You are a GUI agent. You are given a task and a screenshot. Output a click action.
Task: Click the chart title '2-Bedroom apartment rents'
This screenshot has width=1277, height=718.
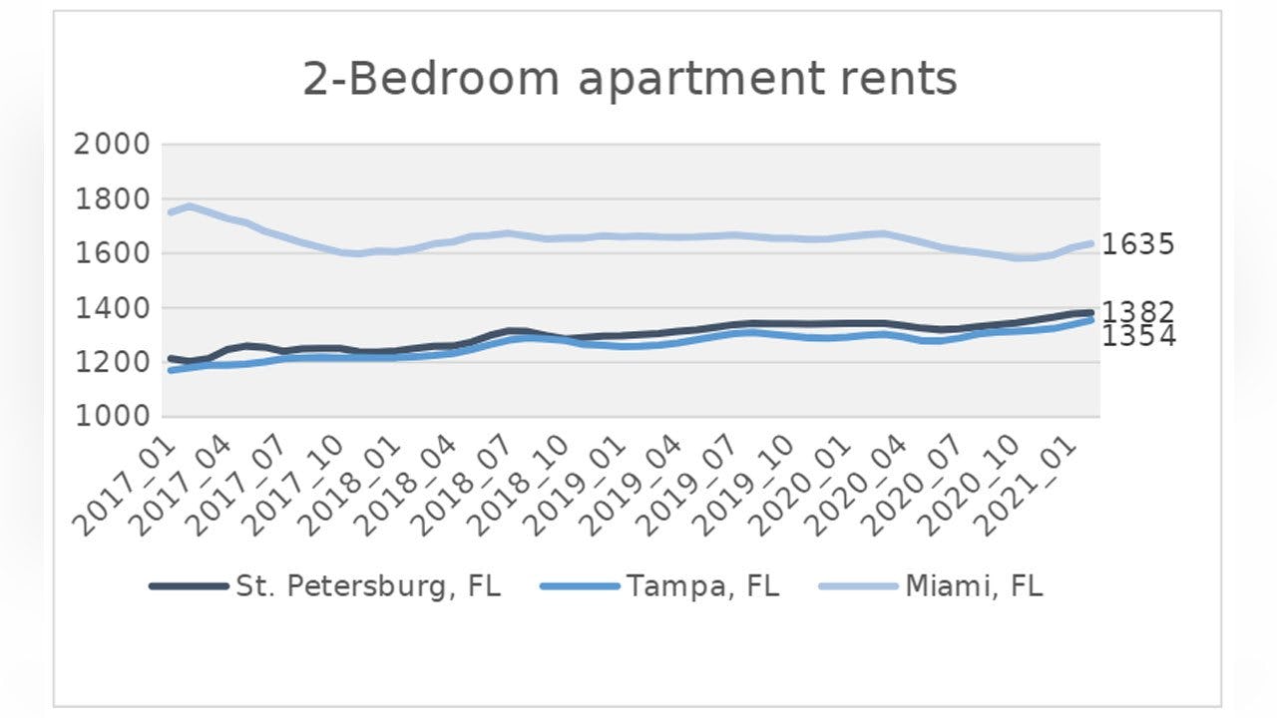tap(630, 79)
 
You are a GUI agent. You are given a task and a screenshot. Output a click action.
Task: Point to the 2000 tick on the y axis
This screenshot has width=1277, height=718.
tap(113, 144)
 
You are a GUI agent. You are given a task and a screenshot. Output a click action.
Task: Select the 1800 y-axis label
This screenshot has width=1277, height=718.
tap(113, 198)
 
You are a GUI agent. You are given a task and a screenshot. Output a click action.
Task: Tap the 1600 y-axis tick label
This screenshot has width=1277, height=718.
tap(113, 253)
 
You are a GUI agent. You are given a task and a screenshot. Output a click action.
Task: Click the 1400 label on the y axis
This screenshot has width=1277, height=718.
tap(113, 308)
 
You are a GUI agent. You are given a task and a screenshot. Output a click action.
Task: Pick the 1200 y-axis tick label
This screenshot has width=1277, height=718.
tap(113, 363)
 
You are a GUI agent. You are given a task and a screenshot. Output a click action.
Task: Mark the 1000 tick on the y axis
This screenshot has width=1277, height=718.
tap(113, 418)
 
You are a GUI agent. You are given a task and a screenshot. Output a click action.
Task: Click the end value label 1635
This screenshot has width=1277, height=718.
tap(1138, 244)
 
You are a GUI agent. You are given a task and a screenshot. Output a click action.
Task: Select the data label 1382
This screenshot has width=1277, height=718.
tap(1138, 312)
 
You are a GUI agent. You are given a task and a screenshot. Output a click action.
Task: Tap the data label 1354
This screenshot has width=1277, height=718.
tap(1138, 337)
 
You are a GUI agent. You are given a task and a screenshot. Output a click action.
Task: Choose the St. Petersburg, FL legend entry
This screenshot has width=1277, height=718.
tap(324, 586)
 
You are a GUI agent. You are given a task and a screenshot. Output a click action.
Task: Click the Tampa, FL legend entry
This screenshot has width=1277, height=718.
tap(659, 586)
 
